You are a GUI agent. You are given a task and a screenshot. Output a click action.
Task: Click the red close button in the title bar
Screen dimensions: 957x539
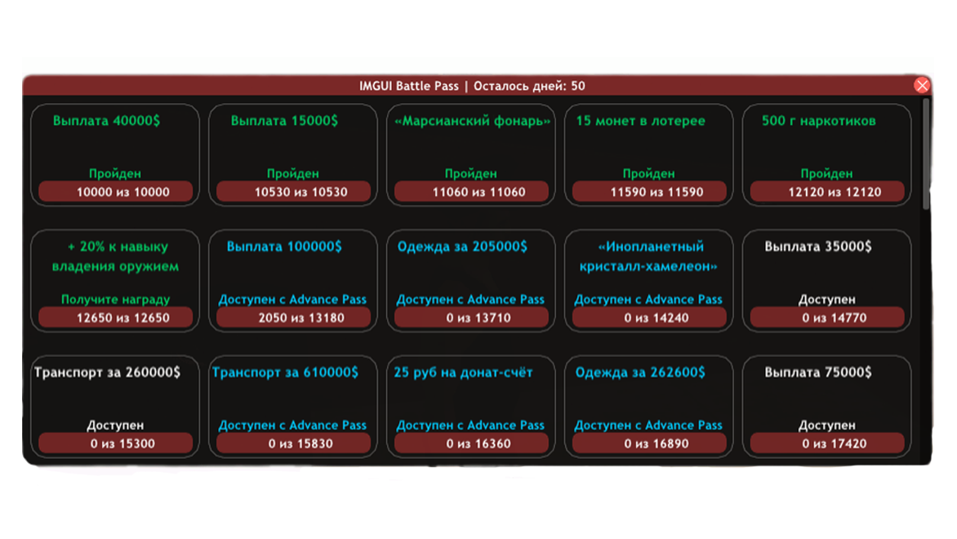(x=922, y=86)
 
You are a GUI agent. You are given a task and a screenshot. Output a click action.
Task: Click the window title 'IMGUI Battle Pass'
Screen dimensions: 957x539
(x=408, y=86)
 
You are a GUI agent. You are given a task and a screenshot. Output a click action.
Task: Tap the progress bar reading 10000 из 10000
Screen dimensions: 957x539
(x=115, y=192)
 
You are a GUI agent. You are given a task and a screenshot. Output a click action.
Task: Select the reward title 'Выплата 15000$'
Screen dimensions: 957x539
(x=284, y=121)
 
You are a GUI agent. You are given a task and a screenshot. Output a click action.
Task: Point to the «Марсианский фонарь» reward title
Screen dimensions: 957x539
(x=472, y=121)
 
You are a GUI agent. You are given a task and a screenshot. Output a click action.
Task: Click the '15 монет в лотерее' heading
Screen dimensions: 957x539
(x=640, y=121)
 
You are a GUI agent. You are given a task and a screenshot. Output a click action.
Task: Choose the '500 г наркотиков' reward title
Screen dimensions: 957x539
(x=818, y=121)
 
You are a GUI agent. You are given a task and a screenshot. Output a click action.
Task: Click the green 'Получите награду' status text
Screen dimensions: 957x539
(x=115, y=300)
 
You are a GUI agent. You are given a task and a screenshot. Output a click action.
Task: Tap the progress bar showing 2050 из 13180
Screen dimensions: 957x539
(x=294, y=318)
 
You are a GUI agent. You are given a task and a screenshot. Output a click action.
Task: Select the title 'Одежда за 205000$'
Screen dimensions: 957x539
(x=462, y=247)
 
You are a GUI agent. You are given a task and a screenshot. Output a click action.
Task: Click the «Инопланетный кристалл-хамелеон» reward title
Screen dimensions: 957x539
(x=648, y=256)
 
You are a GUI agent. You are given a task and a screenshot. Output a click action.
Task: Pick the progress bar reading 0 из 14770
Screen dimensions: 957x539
(x=827, y=318)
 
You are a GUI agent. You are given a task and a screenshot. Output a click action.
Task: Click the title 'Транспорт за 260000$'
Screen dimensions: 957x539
(x=108, y=372)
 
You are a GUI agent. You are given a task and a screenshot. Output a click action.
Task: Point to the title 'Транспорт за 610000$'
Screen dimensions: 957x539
(x=285, y=372)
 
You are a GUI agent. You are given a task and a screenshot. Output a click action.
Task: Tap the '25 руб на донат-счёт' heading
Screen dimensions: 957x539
(x=463, y=372)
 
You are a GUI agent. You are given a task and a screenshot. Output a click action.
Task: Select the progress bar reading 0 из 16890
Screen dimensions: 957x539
(x=649, y=443)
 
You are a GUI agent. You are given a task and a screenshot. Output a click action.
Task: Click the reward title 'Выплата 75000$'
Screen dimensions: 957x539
(x=818, y=372)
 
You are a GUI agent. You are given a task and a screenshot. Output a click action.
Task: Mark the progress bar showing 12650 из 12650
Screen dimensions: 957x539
(x=115, y=318)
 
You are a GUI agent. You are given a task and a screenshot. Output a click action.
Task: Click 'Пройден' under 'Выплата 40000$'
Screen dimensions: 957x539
(x=115, y=174)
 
